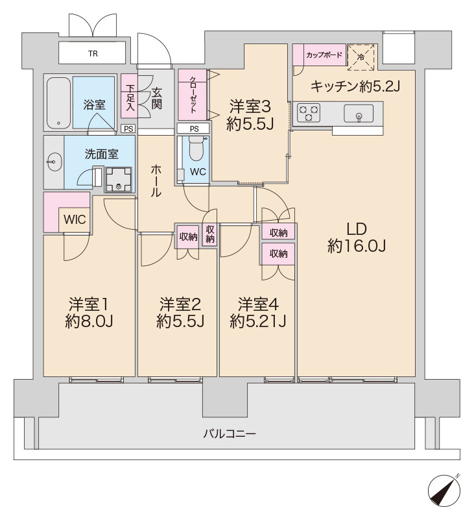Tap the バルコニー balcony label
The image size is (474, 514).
coord(228,433)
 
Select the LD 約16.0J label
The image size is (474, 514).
coord(357,238)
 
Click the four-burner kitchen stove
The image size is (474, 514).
coord(308,114)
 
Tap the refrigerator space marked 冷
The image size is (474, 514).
coord(361,56)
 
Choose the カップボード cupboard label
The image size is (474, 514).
coord(324,55)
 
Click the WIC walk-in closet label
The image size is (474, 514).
coord(74,219)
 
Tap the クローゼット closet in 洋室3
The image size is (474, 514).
coord(193,94)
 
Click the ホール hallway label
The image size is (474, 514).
coord(156,180)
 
